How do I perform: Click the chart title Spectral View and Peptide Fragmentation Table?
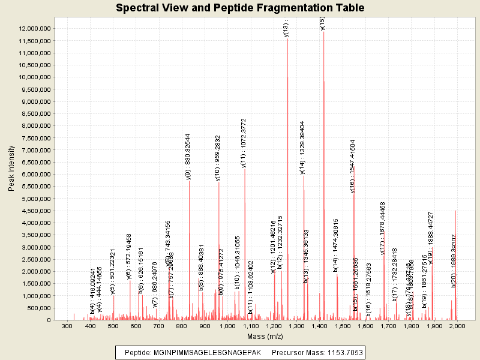(240, 8)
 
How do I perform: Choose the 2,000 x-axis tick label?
(457, 326)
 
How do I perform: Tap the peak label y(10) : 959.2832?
(218, 158)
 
